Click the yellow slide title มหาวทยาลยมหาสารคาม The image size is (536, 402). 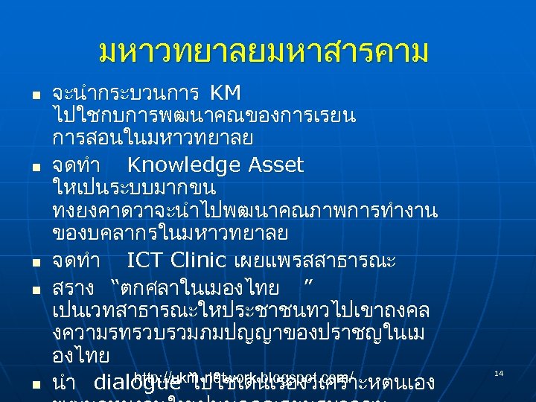coord(264,52)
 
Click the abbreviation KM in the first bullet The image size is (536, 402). coord(226,94)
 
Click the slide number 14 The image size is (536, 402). coord(499,372)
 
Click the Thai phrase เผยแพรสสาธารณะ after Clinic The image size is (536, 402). coord(314,261)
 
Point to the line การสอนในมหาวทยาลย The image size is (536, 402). coord(153,139)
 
